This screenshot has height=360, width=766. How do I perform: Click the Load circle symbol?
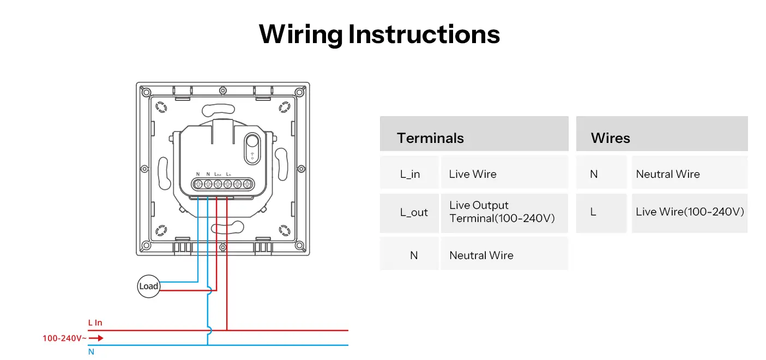(x=148, y=286)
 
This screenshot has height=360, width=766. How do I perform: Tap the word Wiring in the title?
(x=300, y=34)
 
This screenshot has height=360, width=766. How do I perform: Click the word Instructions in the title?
(x=424, y=34)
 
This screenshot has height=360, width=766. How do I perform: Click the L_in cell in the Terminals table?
(x=410, y=175)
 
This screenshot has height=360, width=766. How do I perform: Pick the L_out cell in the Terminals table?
(x=414, y=213)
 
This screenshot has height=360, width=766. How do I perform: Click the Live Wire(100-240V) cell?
(x=690, y=212)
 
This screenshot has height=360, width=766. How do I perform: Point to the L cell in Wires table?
(x=593, y=212)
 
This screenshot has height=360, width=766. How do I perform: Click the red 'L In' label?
(x=95, y=323)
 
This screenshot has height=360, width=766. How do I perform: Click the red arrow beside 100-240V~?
(x=96, y=338)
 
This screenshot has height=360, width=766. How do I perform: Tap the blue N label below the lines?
(x=91, y=352)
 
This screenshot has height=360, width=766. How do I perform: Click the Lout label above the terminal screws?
(x=218, y=174)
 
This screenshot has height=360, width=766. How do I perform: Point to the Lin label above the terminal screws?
(x=228, y=174)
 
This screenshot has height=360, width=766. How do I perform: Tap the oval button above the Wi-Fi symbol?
(x=253, y=142)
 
